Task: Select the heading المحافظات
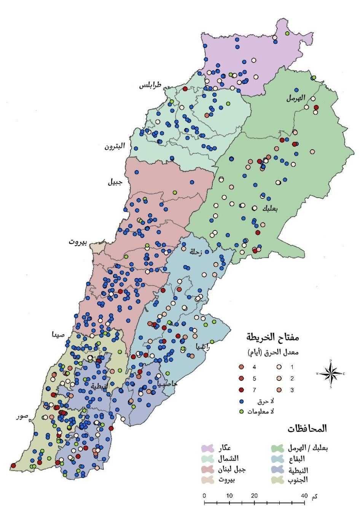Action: [x=307, y=428]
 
